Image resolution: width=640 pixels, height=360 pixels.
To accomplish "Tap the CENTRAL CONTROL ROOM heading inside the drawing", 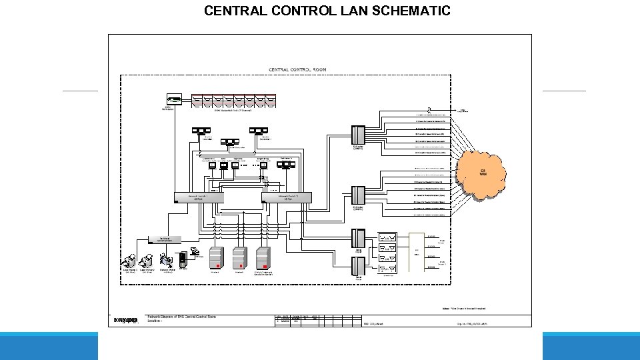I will pyautogui.click(x=297, y=69).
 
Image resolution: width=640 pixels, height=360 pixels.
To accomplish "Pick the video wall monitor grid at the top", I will pyautogui.click(x=233, y=101).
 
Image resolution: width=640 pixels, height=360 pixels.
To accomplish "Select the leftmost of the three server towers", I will pyautogui.click(x=215, y=257).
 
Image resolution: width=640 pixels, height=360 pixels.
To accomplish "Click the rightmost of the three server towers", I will pyautogui.click(x=263, y=257).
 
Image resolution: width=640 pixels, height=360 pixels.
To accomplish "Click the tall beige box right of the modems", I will pyautogui.click(x=415, y=253).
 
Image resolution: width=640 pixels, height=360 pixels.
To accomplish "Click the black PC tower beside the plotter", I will pyautogui.click(x=183, y=257).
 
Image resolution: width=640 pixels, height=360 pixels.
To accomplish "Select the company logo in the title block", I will pyautogui.click(x=125, y=320).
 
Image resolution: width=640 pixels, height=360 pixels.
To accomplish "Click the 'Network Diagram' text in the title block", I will pyautogui.click(x=163, y=316).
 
